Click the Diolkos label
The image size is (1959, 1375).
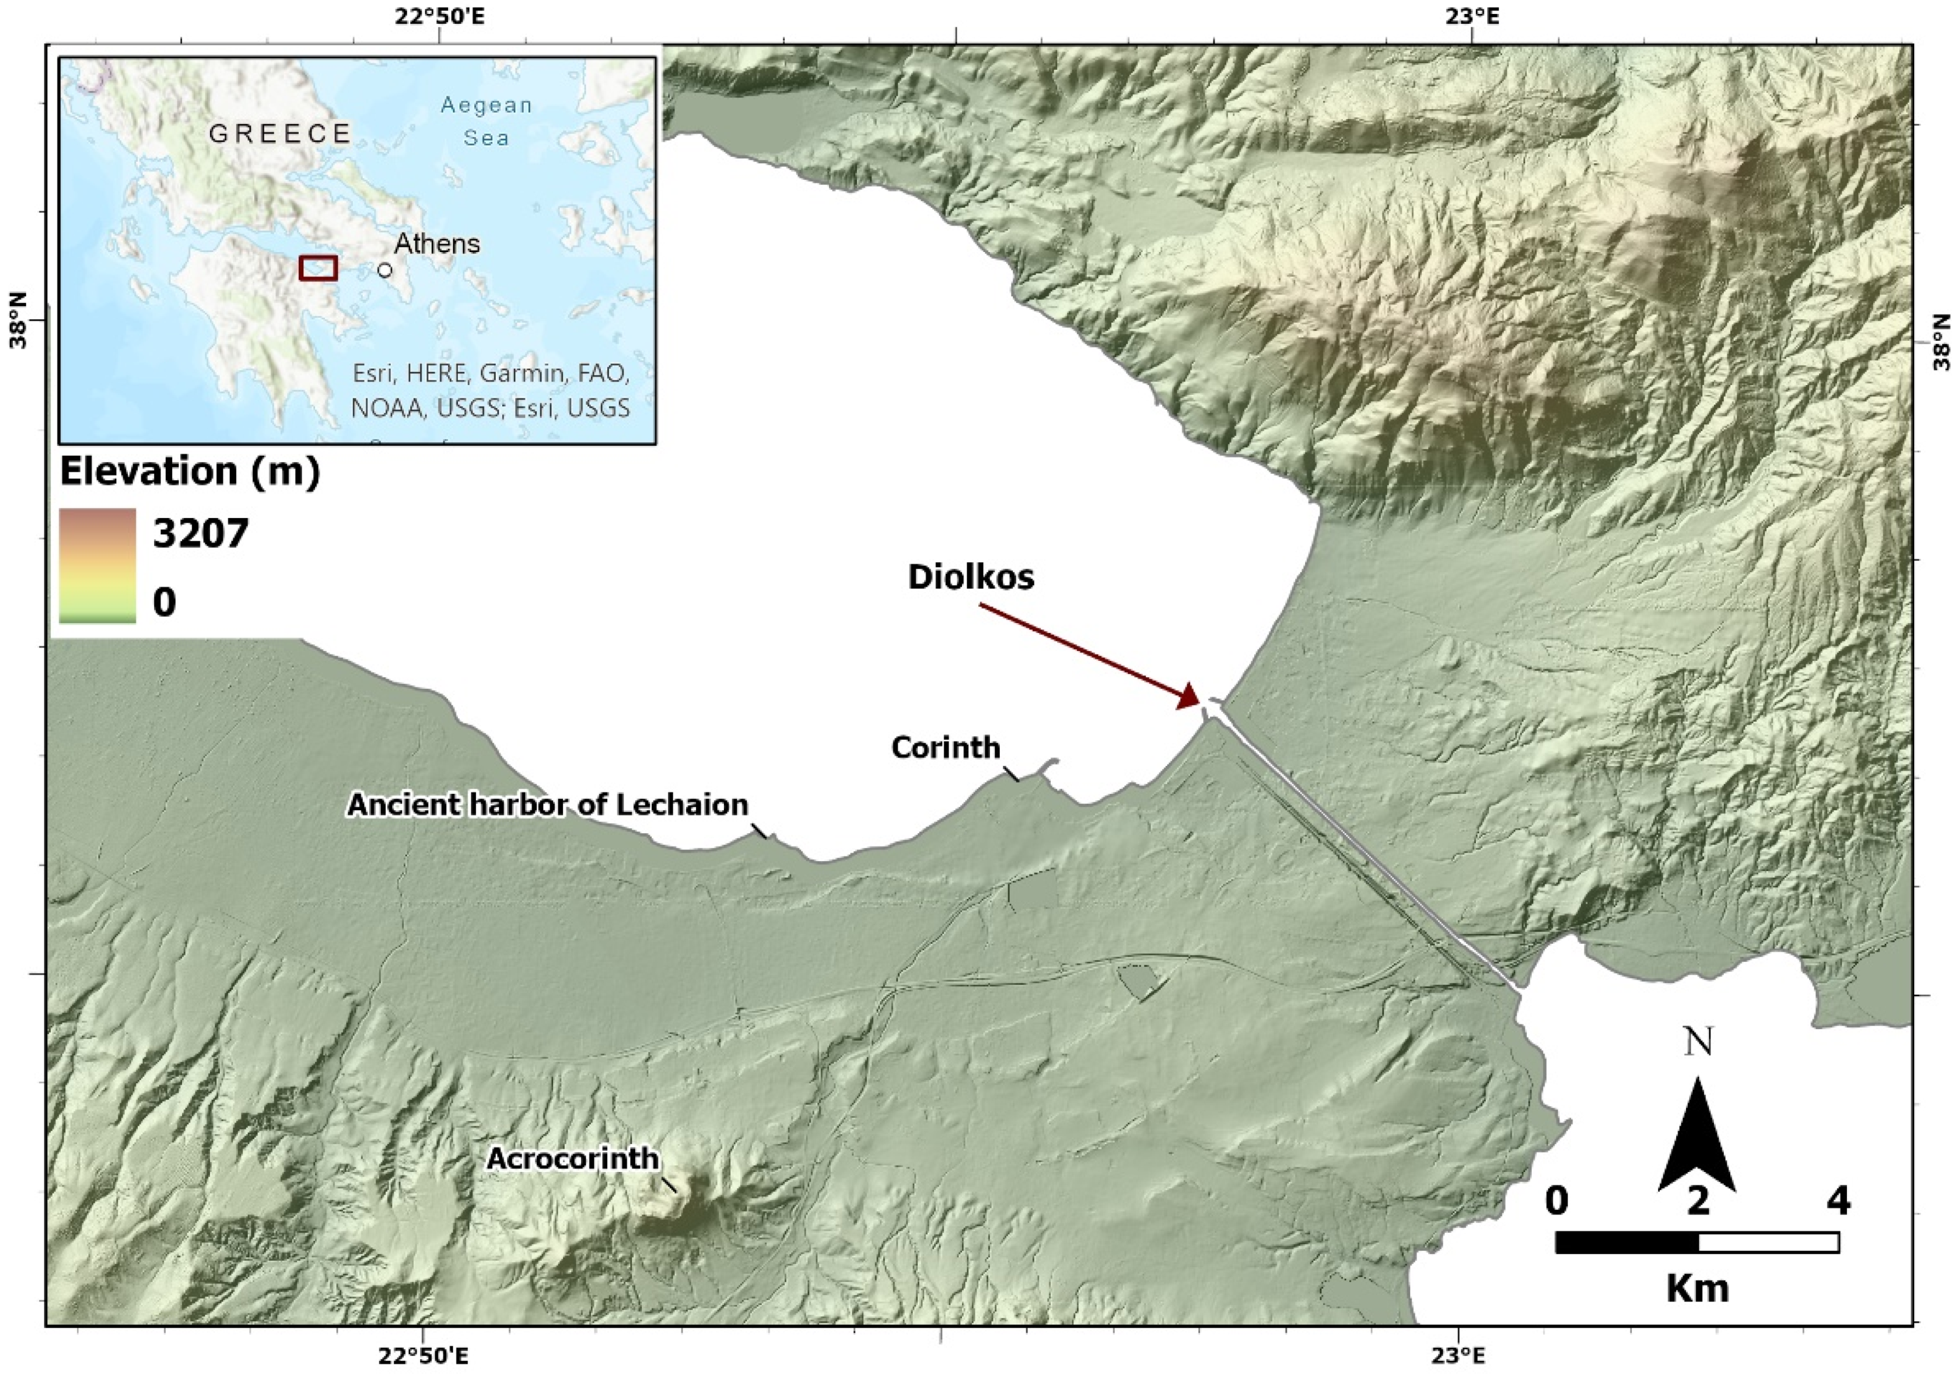pyautogui.click(x=970, y=578)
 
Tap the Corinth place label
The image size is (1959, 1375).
pyautogui.click(x=945, y=748)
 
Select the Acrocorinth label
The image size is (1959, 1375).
pyautogui.click(x=572, y=1159)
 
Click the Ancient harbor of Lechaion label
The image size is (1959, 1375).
pyautogui.click(x=547, y=804)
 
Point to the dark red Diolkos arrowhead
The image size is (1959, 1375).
pyautogui.click(x=1188, y=698)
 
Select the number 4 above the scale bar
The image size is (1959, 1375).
pyautogui.click(x=1838, y=1201)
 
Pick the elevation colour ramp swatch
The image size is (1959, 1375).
pyautogui.click(x=97, y=565)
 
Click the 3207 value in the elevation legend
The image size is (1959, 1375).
pyautogui.click(x=201, y=534)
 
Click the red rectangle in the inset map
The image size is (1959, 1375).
pyautogui.click(x=319, y=268)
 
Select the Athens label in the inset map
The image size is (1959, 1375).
pyautogui.click(x=437, y=244)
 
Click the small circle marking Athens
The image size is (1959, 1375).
pyautogui.click(x=385, y=270)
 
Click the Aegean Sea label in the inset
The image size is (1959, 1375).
pyautogui.click(x=487, y=121)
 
